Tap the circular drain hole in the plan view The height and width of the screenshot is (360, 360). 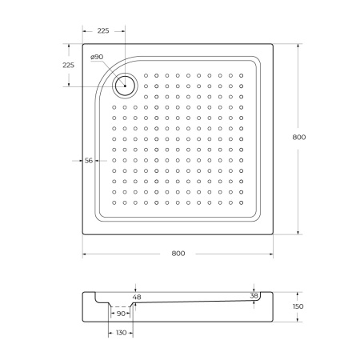point(126,82)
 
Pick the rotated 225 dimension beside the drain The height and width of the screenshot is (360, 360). point(69,66)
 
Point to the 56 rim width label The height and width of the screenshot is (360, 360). point(90,161)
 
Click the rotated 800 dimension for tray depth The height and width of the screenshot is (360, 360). point(299,138)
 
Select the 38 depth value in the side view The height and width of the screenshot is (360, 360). point(254,296)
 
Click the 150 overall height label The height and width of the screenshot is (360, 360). point(298,306)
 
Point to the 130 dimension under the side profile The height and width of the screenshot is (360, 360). point(120,332)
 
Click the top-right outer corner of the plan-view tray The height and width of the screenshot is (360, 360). point(276,44)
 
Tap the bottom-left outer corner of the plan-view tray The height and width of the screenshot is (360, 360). point(83,234)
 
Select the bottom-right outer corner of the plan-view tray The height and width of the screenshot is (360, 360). point(276,234)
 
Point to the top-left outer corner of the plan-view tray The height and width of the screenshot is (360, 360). point(83,44)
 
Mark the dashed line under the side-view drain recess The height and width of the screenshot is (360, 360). point(120,306)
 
